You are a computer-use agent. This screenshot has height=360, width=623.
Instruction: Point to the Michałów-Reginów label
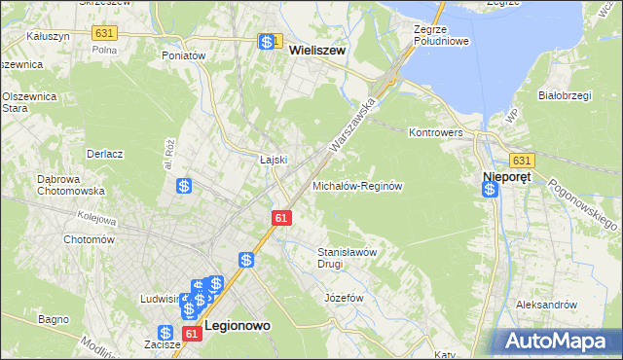357,185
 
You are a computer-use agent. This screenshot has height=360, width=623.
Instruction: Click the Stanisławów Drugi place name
348,257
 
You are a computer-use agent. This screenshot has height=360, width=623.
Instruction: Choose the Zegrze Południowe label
442,35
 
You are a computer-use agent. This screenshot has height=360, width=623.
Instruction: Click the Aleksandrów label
546,305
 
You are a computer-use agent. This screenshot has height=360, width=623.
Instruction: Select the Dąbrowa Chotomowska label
43,185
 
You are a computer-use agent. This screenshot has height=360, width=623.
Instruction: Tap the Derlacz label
103,154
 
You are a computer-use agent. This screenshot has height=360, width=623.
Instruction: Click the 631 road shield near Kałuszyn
104,33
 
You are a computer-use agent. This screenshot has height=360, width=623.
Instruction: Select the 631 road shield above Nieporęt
522,161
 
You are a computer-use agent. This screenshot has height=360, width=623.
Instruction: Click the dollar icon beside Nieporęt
490,189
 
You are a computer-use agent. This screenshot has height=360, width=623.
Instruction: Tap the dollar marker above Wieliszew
267,42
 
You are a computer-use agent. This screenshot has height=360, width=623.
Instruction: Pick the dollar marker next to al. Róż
182,185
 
